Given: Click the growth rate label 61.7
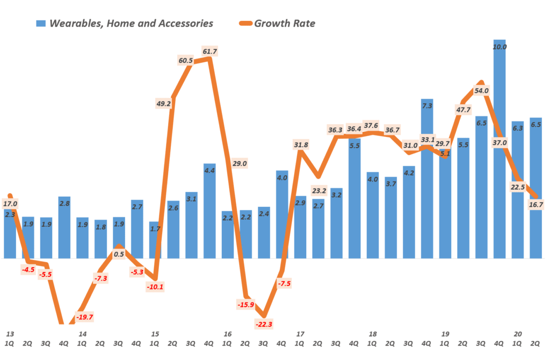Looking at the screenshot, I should (210, 51).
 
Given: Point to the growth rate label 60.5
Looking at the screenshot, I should (185, 60).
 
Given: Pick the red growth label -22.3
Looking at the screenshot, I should (264, 324).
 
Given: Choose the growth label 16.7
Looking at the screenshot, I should (536, 205).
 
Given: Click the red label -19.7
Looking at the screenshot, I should (84, 317).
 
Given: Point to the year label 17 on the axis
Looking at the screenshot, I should (299, 334).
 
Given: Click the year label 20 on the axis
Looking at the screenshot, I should (518, 334).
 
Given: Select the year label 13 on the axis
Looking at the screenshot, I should (10, 334).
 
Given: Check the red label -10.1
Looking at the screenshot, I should (155, 286).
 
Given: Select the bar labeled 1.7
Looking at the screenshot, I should (155, 240).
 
